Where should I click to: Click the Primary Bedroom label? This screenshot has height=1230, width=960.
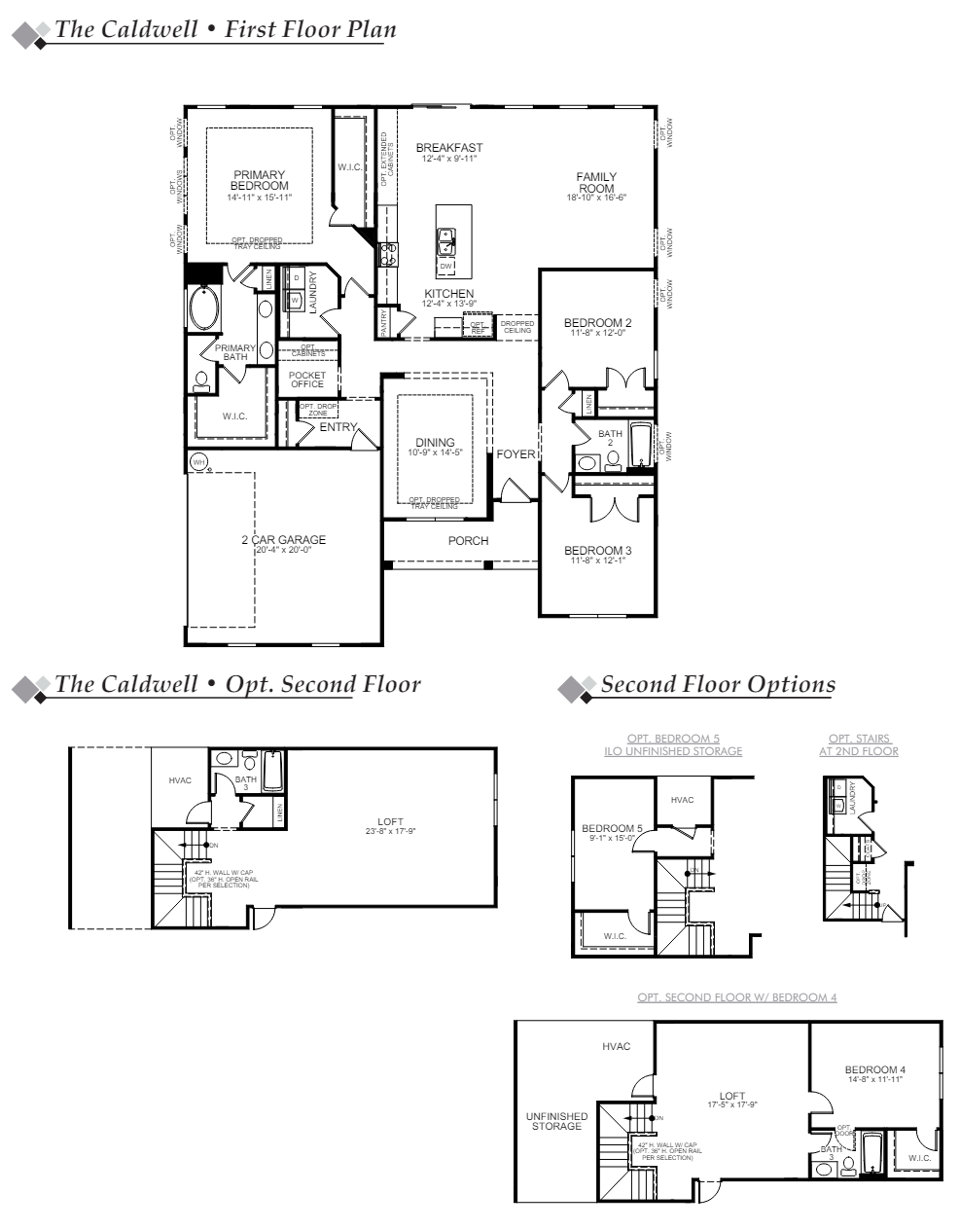259,180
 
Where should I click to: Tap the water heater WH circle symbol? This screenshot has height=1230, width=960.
199,462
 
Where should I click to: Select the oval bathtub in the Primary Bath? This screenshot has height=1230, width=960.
205,309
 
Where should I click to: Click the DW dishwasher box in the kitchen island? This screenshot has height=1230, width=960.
445,265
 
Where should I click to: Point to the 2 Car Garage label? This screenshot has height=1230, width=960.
284,540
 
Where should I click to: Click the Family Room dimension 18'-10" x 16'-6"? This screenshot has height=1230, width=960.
596,198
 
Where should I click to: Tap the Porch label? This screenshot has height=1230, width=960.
468,541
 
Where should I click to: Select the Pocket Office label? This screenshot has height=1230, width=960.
307,380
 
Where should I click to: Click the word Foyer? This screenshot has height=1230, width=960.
516,454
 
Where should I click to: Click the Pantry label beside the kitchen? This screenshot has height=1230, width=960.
384,323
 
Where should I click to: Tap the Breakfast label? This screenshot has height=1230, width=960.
448,148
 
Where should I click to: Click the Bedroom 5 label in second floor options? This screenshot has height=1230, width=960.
612,828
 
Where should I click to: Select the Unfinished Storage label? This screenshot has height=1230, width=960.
556,1121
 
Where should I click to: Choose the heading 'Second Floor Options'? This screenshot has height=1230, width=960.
717,684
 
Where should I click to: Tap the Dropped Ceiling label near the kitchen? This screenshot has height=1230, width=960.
517,327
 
